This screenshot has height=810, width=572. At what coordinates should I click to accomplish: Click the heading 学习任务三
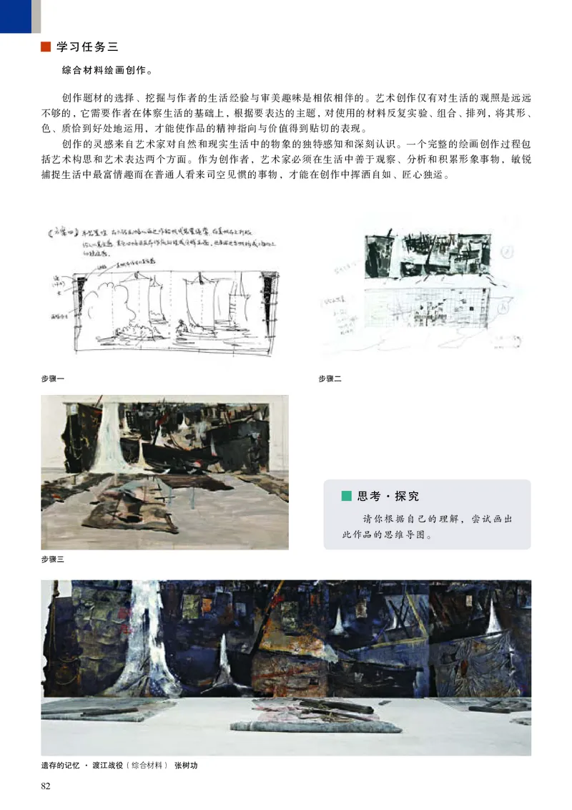87,48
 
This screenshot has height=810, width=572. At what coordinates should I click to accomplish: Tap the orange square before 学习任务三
46,48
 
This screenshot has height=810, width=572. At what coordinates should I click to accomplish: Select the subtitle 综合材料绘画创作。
107,72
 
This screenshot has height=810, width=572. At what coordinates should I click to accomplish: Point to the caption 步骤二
330,379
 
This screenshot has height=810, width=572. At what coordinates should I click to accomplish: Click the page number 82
46,786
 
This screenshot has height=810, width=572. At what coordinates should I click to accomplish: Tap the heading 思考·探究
388,496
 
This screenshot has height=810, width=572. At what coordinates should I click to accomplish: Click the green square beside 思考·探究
347,496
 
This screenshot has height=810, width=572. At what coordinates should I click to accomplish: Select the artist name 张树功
186,766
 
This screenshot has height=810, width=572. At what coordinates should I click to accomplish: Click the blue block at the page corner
15,16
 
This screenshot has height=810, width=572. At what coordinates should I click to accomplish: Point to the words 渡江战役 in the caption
107,766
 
